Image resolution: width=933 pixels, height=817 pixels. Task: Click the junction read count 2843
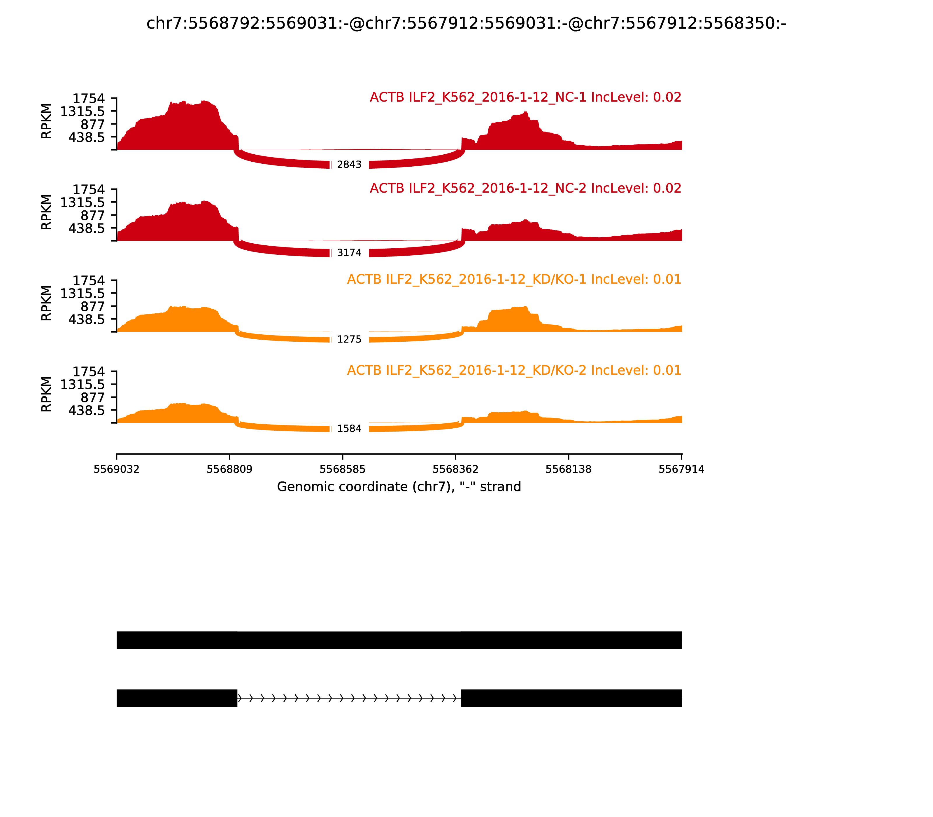(349, 165)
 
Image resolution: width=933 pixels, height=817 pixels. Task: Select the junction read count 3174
(349, 253)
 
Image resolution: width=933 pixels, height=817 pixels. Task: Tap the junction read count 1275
(349, 339)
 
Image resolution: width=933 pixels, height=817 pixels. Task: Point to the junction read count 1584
(349, 429)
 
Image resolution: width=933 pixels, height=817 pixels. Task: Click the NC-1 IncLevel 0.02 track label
(525, 97)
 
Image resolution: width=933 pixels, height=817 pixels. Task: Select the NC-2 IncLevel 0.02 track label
(525, 188)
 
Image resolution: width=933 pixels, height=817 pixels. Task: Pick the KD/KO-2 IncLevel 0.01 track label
(514, 370)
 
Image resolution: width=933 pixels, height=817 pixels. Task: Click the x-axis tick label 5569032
(117, 469)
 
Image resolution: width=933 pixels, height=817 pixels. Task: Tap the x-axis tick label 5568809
(230, 469)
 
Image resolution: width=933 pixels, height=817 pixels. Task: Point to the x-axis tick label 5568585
(343, 469)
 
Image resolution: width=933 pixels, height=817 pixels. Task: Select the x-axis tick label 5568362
(455, 469)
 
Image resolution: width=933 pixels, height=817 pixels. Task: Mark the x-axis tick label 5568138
(569, 469)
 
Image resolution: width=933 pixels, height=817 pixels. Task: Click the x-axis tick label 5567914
(682, 469)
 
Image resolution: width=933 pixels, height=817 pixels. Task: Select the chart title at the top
(466, 23)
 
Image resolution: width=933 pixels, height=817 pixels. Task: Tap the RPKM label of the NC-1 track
(46, 121)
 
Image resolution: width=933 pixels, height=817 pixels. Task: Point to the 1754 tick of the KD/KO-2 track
(89, 371)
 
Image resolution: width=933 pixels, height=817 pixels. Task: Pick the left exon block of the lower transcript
(177, 698)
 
